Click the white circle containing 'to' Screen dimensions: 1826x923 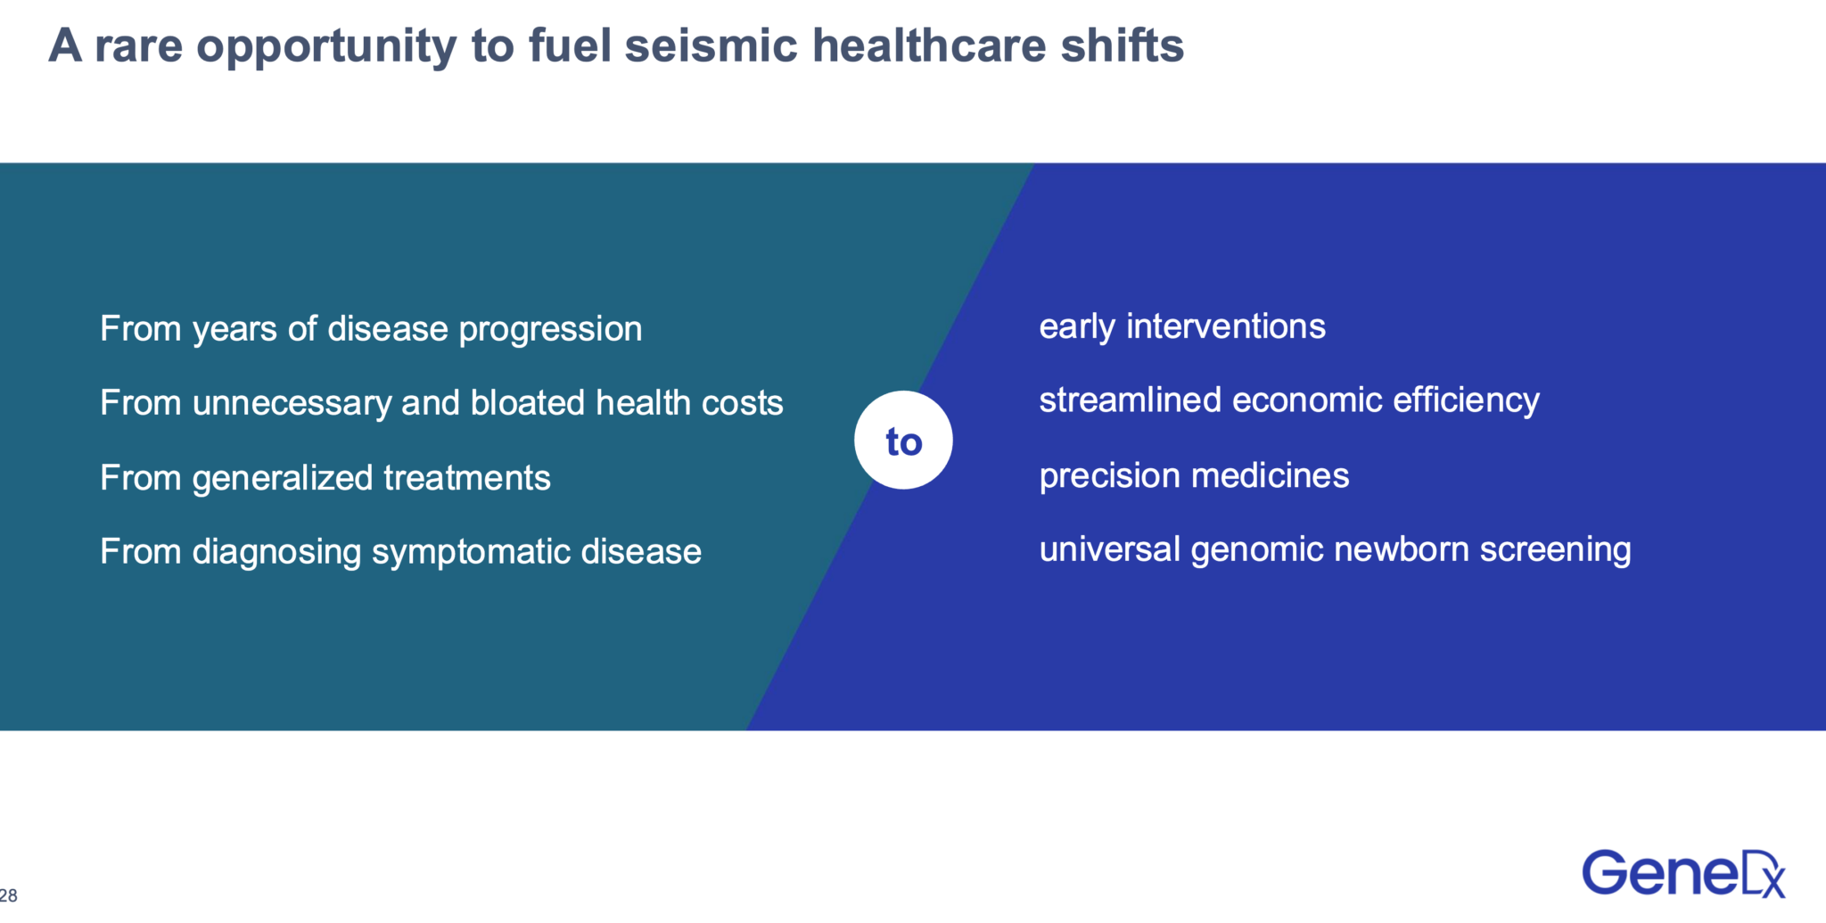903,440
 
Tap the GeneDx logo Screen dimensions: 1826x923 1683,873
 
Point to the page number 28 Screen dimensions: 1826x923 8,895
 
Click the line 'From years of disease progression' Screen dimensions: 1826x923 371,329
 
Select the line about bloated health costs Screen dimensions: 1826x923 441,403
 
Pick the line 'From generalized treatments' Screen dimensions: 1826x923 325,478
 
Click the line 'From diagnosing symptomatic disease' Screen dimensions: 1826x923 401,552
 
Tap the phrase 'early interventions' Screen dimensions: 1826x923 1182,326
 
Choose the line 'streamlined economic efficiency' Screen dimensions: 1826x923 1289,400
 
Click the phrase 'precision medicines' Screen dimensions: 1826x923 1195,475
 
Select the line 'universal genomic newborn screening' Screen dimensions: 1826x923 1336,549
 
